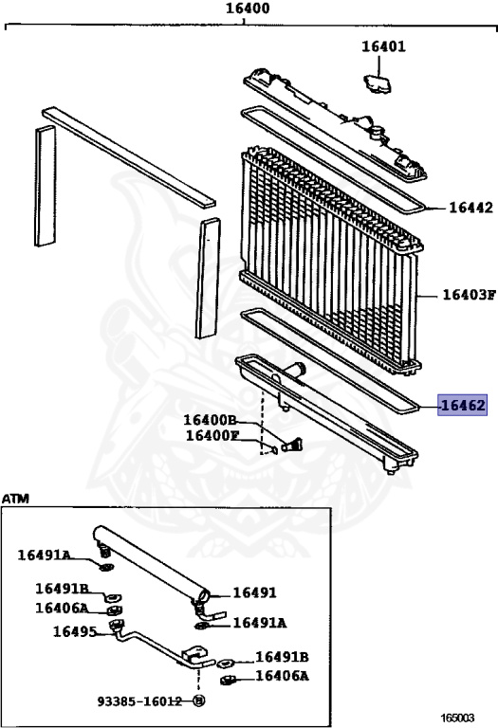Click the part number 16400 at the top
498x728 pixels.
click(248, 9)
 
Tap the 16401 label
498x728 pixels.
click(383, 46)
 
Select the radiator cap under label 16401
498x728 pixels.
click(378, 83)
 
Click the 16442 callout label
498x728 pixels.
click(470, 208)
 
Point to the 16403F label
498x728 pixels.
click(470, 295)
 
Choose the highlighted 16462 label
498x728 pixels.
click(463, 406)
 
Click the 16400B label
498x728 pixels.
click(210, 420)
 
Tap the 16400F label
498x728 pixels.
click(212, 435)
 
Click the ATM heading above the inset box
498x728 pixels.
click(15, 499)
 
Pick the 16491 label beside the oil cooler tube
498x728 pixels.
click(254, 592)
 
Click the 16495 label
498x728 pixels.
click(75, 631)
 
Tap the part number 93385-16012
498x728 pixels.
click(139, 701)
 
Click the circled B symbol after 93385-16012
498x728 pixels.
click(199, 701)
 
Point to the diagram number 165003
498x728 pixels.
click(457, 718)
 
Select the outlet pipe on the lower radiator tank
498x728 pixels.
click(294, 371)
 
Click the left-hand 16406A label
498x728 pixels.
click(62, 609)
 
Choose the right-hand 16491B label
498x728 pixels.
click(282, 658)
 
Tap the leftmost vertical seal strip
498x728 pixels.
click(46, 186)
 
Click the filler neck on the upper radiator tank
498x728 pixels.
click(377, 134)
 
